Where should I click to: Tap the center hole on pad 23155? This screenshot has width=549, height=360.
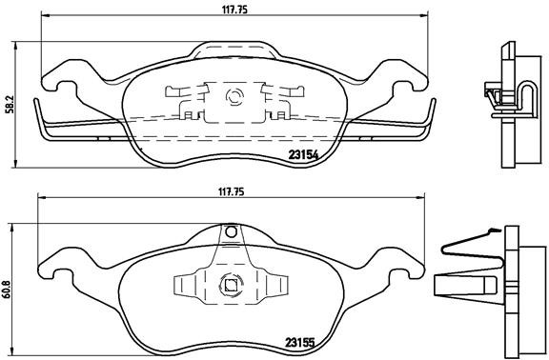coord(230,281)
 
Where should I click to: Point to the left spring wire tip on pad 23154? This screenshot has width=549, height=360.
coord(37,101)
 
